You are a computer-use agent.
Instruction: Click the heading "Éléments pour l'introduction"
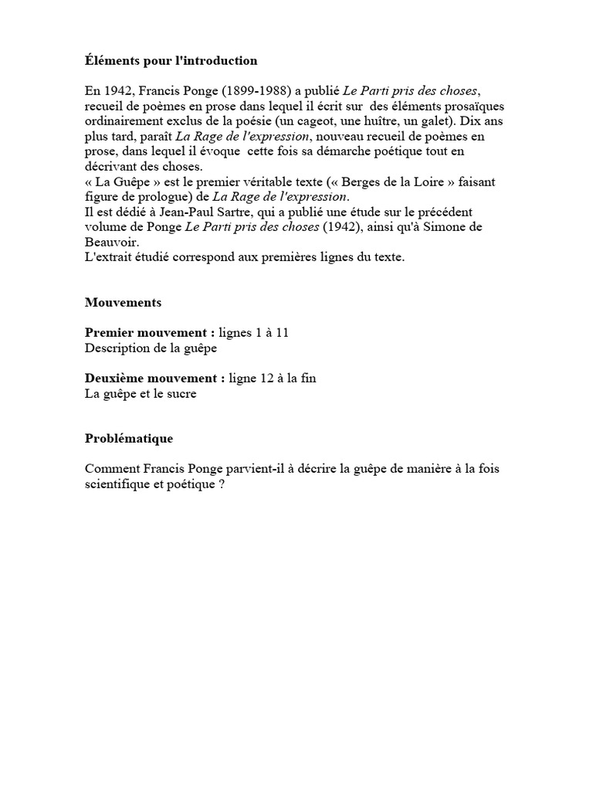point(171,60)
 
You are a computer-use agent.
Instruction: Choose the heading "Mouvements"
point(123,302)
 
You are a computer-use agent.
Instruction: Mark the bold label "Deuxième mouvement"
point(154,378)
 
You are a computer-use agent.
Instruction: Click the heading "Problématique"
point(129,439)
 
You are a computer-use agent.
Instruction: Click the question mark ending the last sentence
point(221,484)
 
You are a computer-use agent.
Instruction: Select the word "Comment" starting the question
point(113,469)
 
